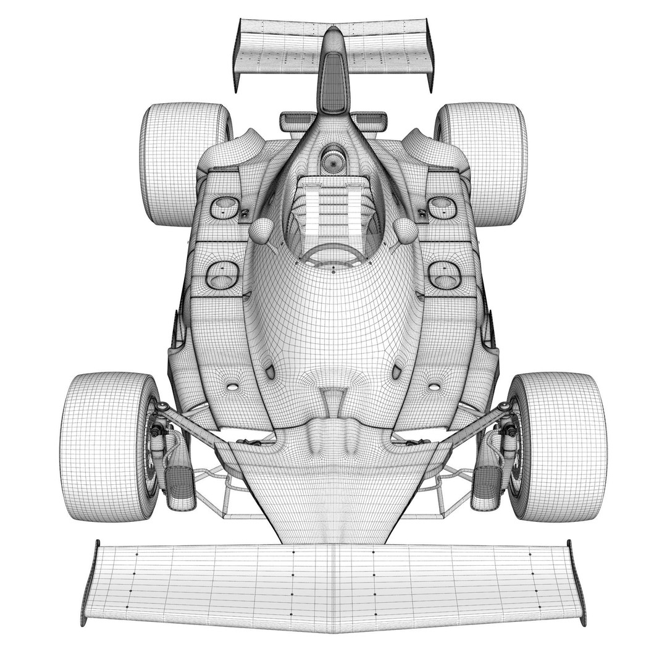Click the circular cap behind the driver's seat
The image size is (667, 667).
pos(333,162)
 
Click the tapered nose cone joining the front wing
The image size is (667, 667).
pos(333,494)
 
